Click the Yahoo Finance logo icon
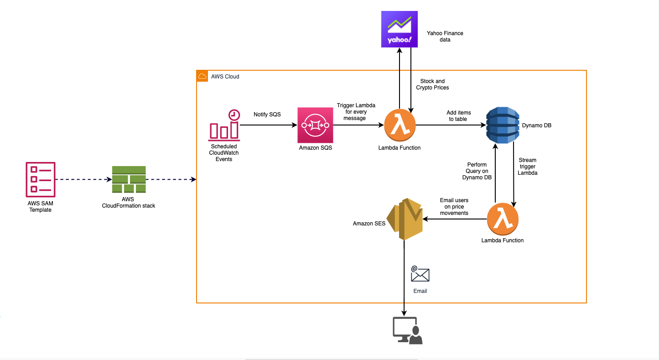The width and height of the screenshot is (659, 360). (x=400, y=29)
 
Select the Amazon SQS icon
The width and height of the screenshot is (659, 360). (x=315, y=125)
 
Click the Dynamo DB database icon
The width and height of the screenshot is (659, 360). (x=503, y=125)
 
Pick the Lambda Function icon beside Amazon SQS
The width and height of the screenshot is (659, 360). (x=400, y=125)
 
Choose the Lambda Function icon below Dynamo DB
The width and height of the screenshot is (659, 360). (x=503, y=219)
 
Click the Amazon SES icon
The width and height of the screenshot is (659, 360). (x=405, y=219)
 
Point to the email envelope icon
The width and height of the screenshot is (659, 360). (x=420, y=274)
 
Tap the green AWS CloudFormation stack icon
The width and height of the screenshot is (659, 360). (x=129, y=179)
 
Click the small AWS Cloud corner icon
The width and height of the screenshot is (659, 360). (x=202, y=76)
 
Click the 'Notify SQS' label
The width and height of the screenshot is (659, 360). (x=267, y=115)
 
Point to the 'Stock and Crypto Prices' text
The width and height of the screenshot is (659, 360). (x=432, y=84)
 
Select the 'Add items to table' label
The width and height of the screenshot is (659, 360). (x=459, y=116)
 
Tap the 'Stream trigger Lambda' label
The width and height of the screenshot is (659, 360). (x=528, y=167)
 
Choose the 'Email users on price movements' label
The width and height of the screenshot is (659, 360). (x=454, y=206)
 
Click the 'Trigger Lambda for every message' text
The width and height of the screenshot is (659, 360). (x=356, y=112)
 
